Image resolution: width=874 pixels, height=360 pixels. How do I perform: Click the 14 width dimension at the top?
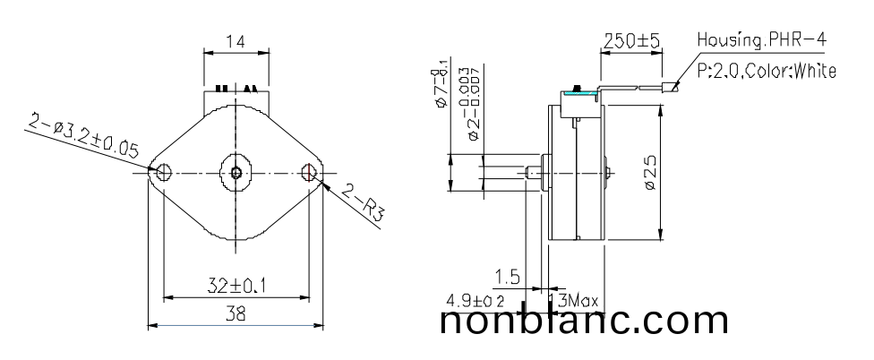pos(236,41)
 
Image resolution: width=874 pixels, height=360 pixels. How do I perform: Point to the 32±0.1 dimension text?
pos(236,287)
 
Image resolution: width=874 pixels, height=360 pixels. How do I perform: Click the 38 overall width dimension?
pos(236,313)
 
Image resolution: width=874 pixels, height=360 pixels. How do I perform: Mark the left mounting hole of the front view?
pos(163,171)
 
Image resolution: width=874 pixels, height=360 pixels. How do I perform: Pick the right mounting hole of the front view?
pos(310,171)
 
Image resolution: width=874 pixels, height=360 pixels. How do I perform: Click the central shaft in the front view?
pos(236,171)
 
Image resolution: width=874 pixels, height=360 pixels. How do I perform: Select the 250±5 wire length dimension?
pos(631,41)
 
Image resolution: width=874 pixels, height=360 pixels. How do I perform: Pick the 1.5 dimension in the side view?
pos(507,274)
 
